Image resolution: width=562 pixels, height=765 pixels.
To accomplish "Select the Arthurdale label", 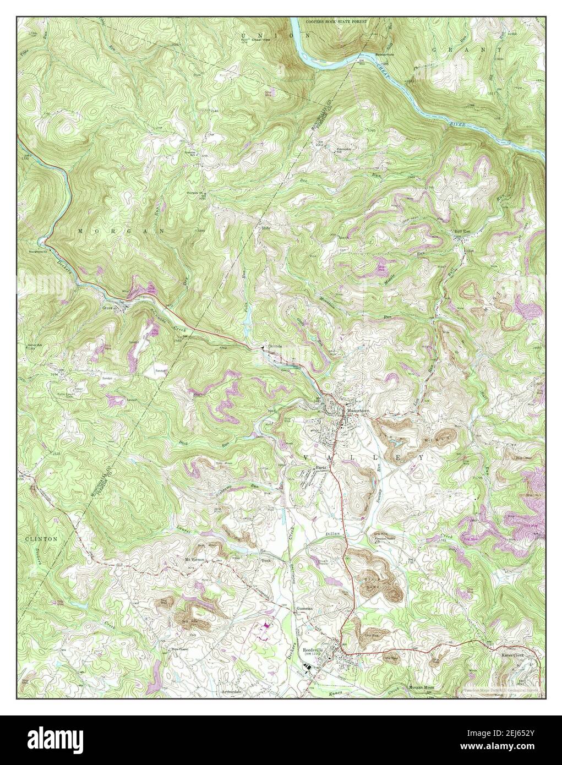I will (x=231, y=691).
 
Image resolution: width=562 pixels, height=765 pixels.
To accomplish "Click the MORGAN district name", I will (x=121, y=232).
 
